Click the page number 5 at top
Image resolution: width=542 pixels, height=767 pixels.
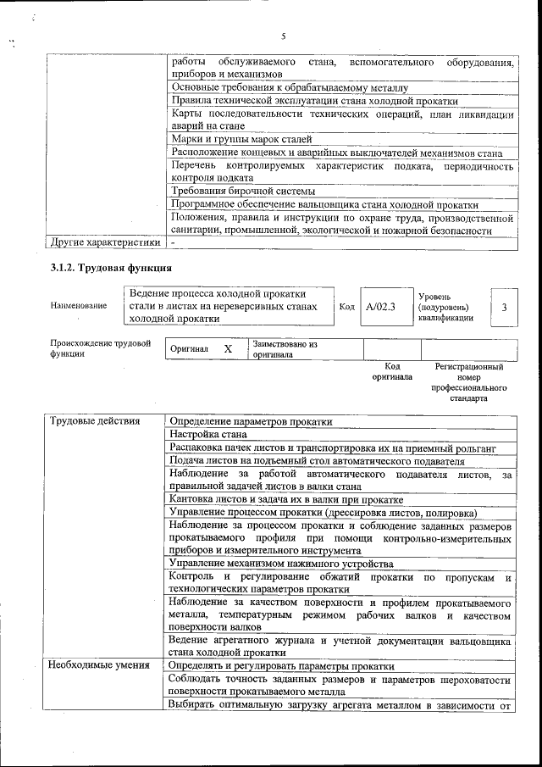[284, 36]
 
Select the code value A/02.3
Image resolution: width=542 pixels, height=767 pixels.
[381, 306]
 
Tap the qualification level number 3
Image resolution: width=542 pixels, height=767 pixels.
[505, 306]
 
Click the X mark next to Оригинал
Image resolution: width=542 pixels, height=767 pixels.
[228, 349]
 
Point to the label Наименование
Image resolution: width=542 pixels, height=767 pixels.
[79, 306]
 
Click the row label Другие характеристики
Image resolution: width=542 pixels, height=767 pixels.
[105, 242]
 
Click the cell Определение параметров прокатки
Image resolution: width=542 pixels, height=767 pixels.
[252, 421]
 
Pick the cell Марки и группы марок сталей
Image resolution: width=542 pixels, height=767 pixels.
[241, 139]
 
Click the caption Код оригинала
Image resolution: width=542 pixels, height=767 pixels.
[392, 372]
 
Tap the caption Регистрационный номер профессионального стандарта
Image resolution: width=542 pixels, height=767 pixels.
[468, 382]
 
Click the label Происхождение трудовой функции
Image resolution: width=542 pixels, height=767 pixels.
[100, 349]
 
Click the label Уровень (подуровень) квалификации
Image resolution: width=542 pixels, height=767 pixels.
[446, 306]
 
